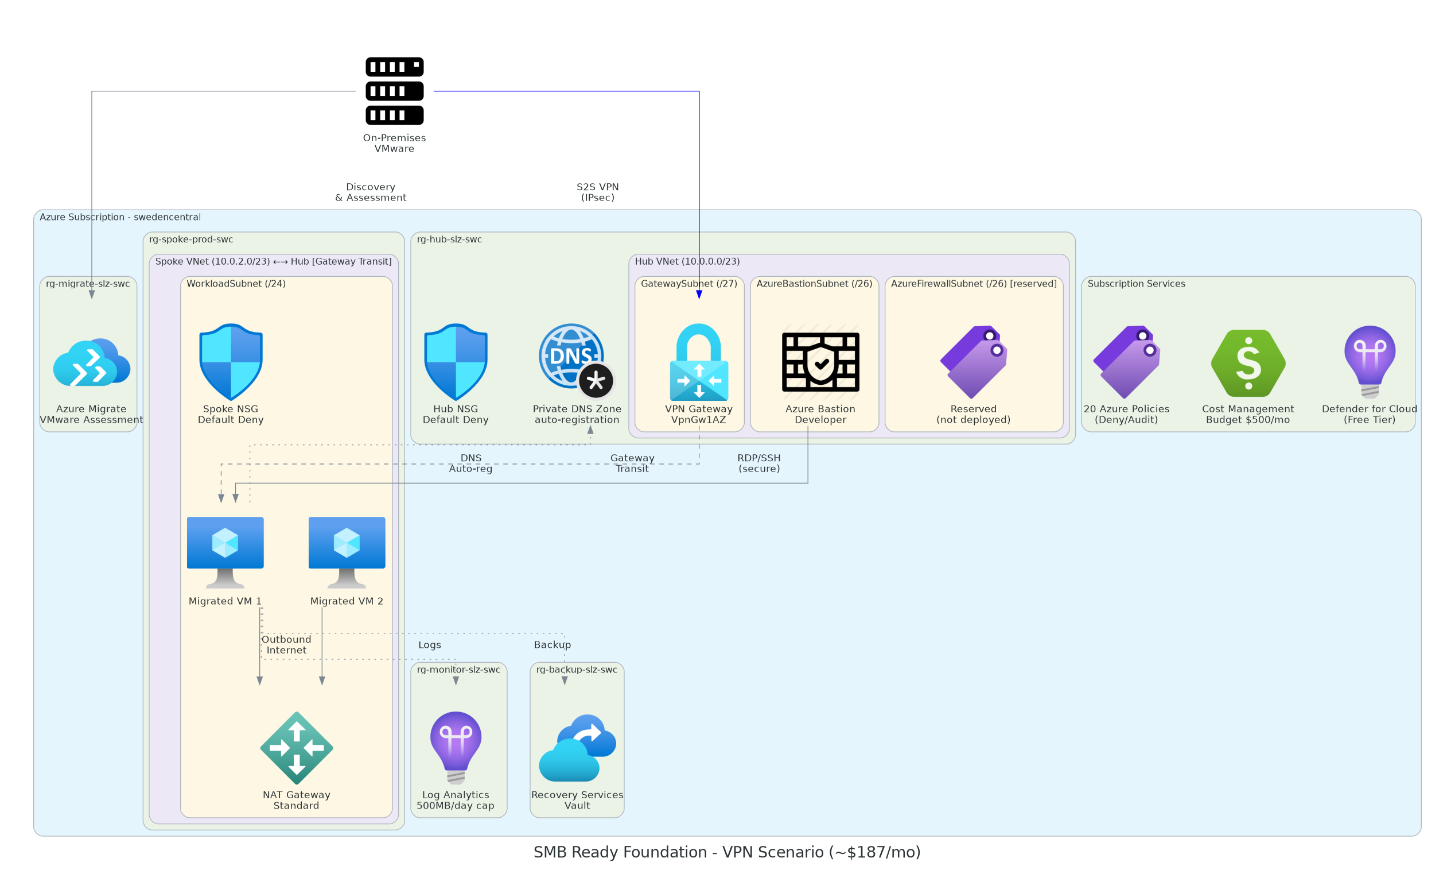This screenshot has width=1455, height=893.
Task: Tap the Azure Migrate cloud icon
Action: pos(92,362)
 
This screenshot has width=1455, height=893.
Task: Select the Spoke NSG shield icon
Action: pos(231,362)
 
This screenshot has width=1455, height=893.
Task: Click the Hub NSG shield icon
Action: pos(456,362)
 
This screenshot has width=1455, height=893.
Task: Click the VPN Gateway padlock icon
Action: pos(699,362)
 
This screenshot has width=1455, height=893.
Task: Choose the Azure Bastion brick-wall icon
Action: pos(820,362)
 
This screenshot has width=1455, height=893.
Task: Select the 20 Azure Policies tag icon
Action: pos(1126,362)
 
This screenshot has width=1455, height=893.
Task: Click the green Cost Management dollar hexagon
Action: pos(1248,363)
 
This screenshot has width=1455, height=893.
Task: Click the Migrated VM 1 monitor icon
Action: pos(225,552)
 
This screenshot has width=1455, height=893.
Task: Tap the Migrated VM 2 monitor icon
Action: pos(347,552)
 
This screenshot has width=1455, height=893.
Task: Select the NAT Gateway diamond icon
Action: pos(297,748)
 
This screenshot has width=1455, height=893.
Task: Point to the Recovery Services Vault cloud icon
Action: pos(577,748)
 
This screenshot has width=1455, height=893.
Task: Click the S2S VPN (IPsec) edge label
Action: pos(598,192)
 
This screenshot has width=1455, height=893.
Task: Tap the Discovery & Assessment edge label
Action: pos(370,192)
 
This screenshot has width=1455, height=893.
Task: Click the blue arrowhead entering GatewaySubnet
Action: pos(699,295)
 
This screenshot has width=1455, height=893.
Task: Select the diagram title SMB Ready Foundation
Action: pos(727,852)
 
